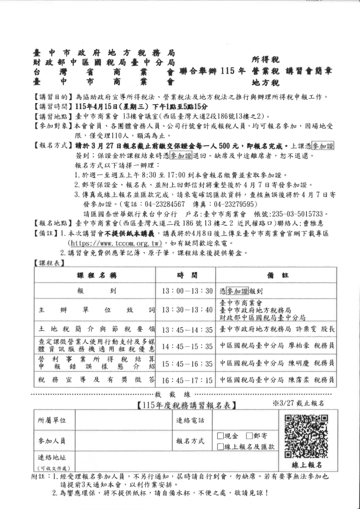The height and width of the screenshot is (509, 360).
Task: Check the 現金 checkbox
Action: click(220, 436)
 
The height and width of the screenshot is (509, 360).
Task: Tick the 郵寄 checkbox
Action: click(248, 436)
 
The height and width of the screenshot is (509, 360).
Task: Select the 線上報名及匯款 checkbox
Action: click(220, 446)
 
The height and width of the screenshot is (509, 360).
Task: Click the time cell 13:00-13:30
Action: click(187, 291)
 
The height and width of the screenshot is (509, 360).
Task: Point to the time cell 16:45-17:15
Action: click(187, 381)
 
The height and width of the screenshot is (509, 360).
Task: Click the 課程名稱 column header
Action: click(96, 275)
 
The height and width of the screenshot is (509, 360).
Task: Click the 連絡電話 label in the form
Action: click(191, 421)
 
